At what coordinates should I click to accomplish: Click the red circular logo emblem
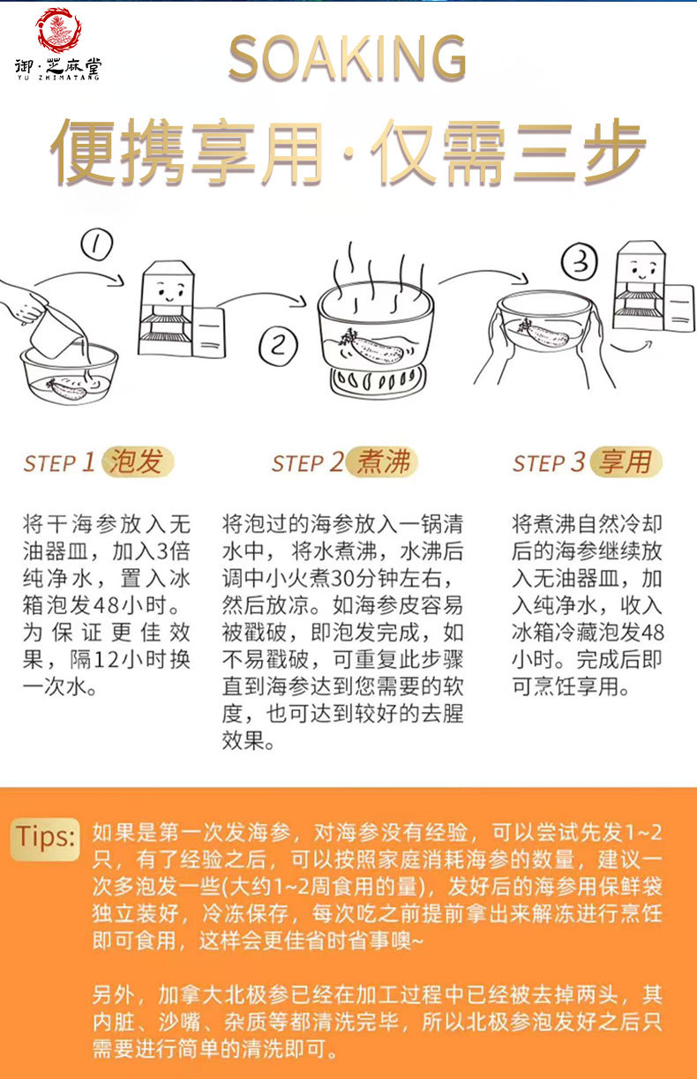tap(58, 30)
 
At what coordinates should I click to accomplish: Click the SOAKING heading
tap(348, 58)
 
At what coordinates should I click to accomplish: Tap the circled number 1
tap(97, 244)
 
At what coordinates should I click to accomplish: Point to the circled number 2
tap(279, 345)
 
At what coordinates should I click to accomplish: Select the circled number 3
tap(580, 261)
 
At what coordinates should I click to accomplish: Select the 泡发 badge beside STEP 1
tap(138, 461)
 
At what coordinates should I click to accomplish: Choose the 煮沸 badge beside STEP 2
tap(381, 461)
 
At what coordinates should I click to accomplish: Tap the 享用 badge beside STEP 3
tap(626, 461)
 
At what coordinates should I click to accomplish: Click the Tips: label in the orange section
tap(46, 836)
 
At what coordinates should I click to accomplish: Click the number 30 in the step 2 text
tap(342, 579)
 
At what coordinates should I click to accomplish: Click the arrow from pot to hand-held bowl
tap(483, 275)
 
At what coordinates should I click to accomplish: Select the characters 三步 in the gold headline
tap(578, 152)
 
